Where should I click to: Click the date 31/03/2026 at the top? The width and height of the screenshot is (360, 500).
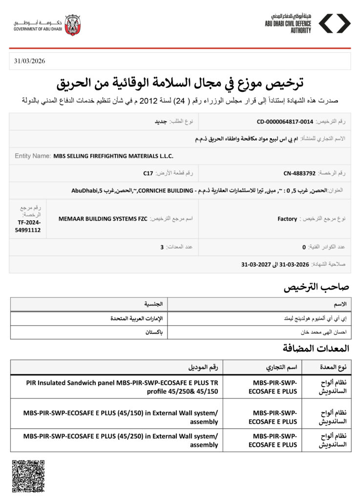coord(30,61)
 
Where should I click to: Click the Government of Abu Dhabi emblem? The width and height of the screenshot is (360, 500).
coord(72,25)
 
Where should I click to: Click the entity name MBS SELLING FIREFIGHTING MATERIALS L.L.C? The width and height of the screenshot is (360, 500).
coord(113,156)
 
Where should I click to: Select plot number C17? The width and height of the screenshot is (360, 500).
coord(148,173)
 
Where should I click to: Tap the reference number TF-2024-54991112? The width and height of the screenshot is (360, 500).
coord(28,226)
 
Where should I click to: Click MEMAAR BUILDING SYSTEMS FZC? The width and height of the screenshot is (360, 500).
coord(103,219)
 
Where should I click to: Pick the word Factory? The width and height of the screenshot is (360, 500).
coord(287,219)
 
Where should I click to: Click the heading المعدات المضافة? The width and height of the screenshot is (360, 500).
coord(316,348)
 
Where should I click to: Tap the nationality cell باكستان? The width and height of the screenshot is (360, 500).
coord(154,332)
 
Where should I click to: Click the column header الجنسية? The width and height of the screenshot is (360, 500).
coord(154,304)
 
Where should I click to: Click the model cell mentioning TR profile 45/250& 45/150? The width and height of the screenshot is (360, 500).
coord(122,387)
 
